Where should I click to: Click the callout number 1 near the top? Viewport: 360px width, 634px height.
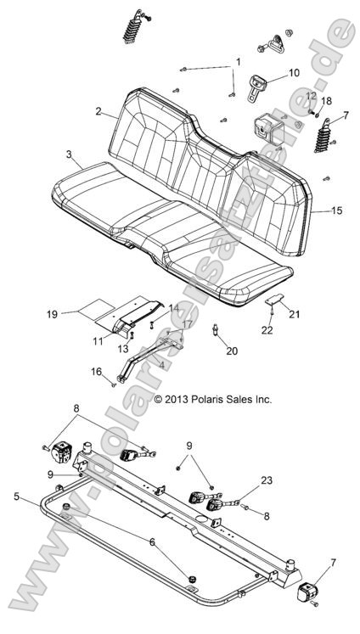pyautogui.click(x=239, y=62)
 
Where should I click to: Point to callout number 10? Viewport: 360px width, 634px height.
pyautogui.click(x=293, y=73)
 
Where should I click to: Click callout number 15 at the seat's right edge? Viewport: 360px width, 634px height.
pyautogui.click(x=337, y=210)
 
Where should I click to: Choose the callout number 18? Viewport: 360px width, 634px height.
pyautogui.click(x=327, y=101)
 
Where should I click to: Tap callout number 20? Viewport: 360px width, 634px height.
pyautogui.click(x=232, y=351)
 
